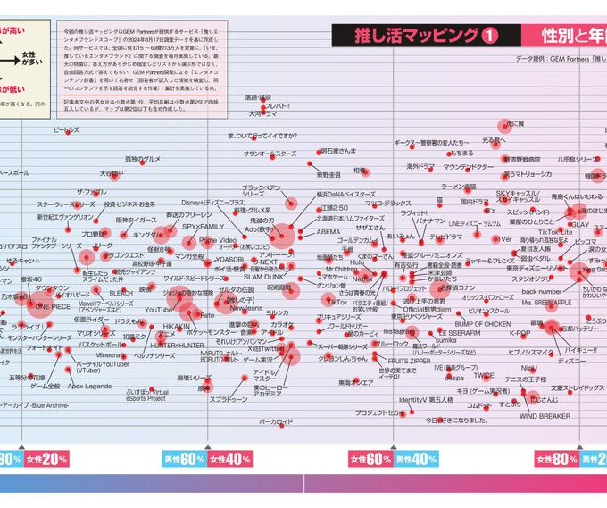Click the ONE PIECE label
point(51,305)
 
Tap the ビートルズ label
point(66,130)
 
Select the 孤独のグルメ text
point(143,159)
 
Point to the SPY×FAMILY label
point(204,227)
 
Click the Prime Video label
point(218,240)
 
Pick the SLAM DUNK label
point(264,277)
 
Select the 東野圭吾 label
point(336,174)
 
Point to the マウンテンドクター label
point(468,167)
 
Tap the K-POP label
point(520,332)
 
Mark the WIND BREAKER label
point(545,415)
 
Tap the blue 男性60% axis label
point(184,459)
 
